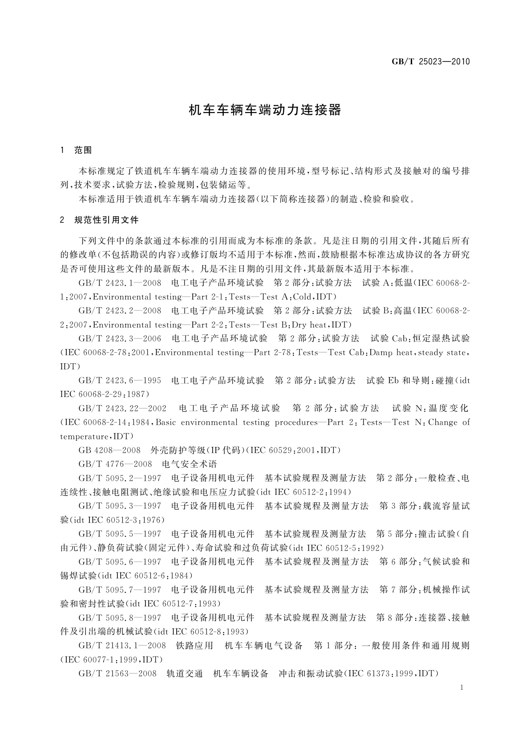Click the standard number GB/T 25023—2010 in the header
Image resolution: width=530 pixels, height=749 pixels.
click(430, 61)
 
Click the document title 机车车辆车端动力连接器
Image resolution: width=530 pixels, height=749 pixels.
click(265, 110)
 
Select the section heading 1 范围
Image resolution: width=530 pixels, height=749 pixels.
click(76, 150)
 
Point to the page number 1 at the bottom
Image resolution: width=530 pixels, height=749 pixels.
click(462, 688)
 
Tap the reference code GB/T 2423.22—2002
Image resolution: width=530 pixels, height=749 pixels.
click(122, 408)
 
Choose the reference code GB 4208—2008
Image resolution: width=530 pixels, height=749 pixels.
click(109, 450)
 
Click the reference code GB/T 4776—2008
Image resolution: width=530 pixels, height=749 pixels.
click(115, 464)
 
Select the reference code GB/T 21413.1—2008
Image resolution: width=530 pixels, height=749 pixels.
click(122, 645)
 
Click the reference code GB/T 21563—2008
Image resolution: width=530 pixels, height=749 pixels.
click(117, 673)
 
